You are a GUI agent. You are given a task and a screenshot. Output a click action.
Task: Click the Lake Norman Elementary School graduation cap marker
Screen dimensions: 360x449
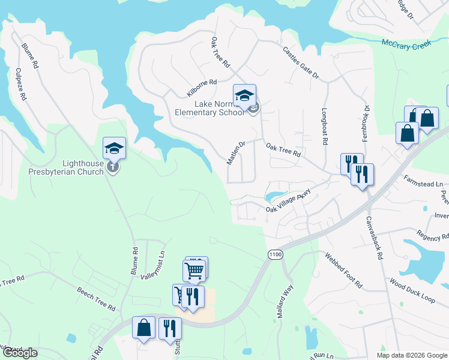tap(244, 95)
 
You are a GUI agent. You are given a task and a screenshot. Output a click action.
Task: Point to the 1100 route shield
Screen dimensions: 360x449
tap(275, 255)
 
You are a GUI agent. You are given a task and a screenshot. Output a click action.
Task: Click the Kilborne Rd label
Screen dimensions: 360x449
tap(201, 88)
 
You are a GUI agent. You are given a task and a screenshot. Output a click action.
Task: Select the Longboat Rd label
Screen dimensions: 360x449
tap(325, 127)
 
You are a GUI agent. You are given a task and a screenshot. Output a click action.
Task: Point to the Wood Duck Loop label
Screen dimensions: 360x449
tap(411, 289)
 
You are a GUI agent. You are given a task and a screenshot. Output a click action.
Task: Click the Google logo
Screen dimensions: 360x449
tap(19, 353)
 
